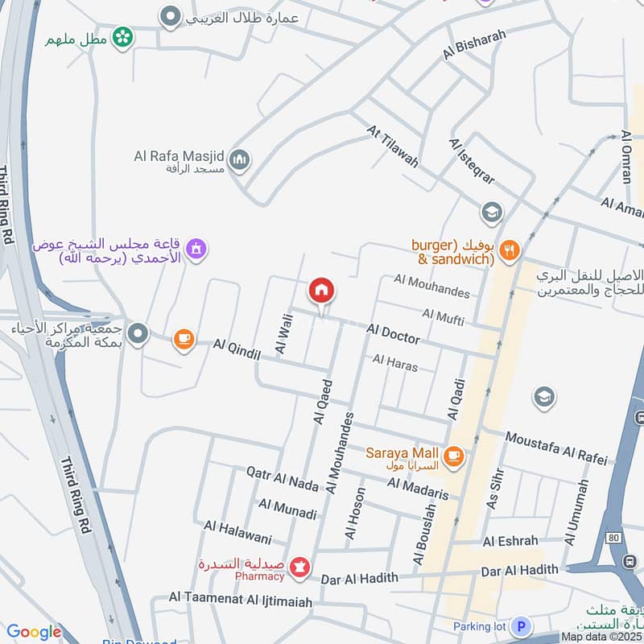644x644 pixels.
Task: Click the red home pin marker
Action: click(x=321, y=291)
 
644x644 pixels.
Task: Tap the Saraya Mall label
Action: click(x=402, y=453)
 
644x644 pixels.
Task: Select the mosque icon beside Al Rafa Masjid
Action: click(x=239, y=161)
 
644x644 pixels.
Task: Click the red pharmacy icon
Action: click(x=300, y=568)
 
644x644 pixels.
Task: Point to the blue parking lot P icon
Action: click(x=522, y=625)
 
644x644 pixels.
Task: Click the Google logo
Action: click(x=34, y=632)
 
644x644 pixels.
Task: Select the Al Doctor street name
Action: click(x=393, y=332)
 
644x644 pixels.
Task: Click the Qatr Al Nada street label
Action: click(x=283, y=479)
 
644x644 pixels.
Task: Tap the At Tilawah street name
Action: click(x=393, y=146)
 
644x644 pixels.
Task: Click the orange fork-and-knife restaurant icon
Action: click(x=508, y=250)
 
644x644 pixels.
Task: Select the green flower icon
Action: click(x=122, y=37)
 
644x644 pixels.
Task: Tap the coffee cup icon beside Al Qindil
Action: click(x=184, y=339)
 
